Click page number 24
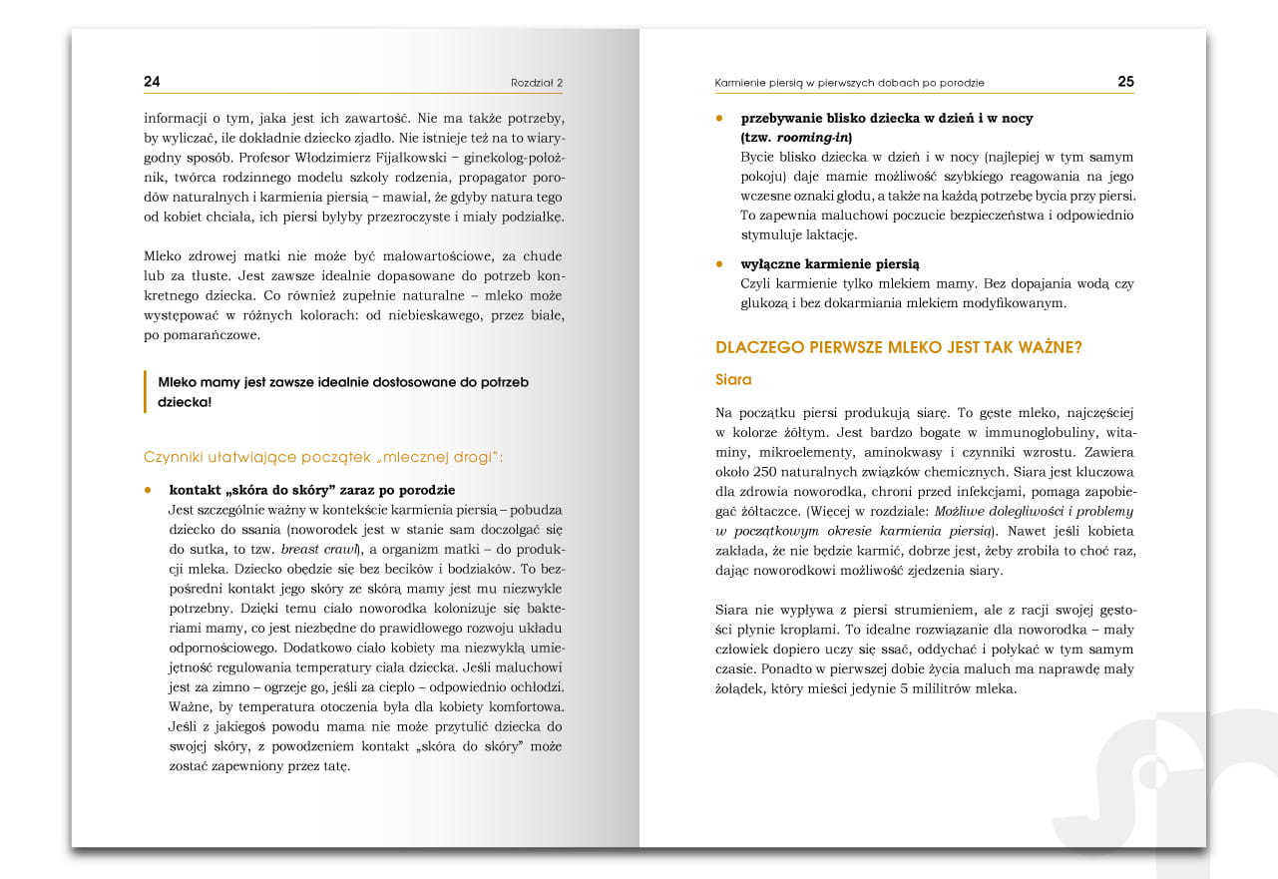click(152, 82)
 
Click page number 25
click(1125, 82)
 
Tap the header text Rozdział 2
click(537, 83)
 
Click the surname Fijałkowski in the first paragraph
click(405, 158)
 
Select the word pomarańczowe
click(199, 335)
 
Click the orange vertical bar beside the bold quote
click(146, 392)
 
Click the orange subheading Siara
click(733, 380)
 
